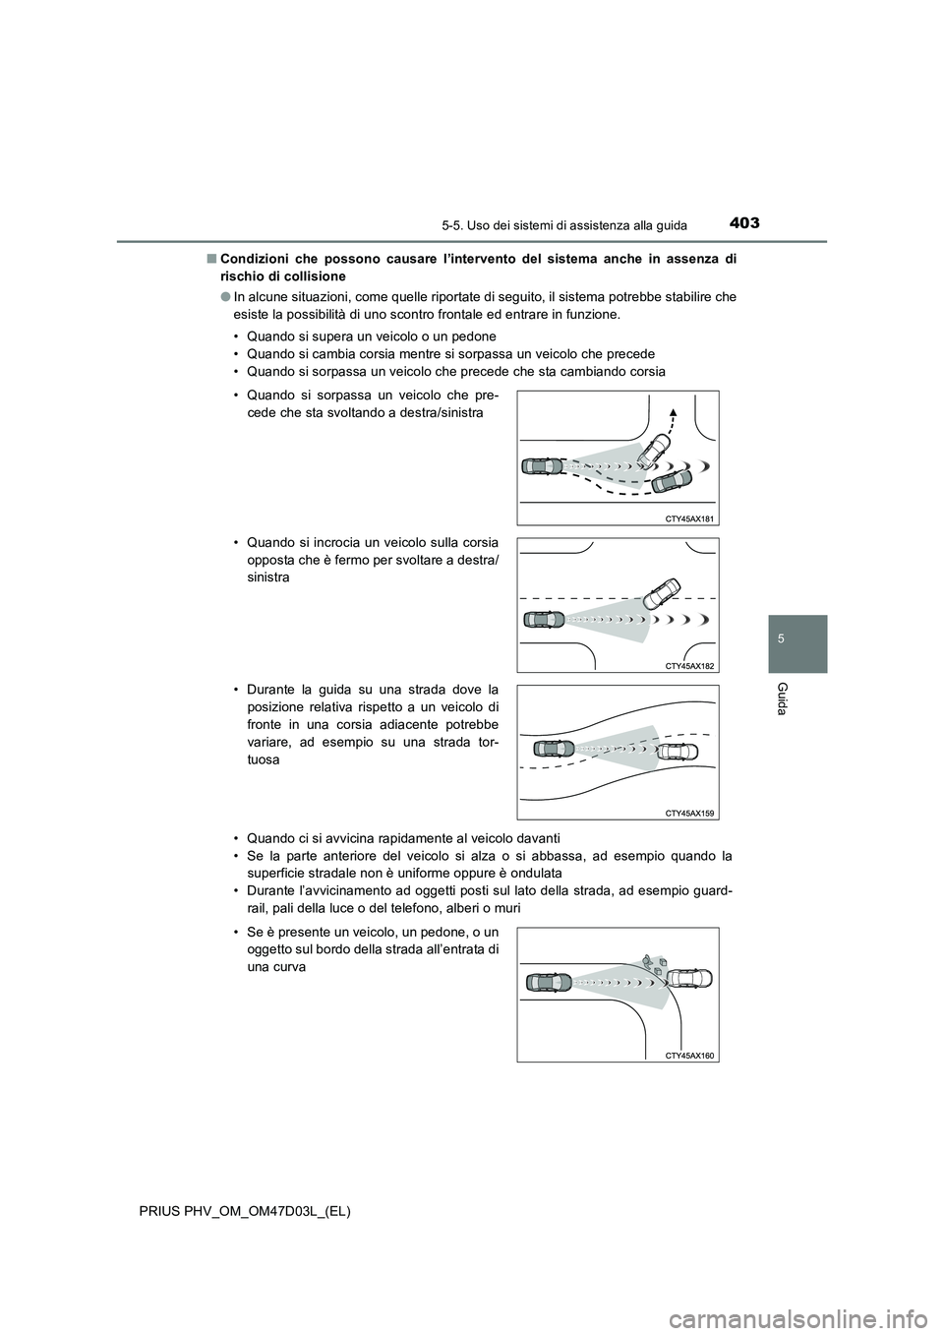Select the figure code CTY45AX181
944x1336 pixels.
[x=689, y=516]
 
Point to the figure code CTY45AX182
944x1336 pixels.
[x=689, y=666]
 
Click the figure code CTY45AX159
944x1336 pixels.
[x=689, y=813]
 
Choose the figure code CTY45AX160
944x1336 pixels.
[x=689, y=1055]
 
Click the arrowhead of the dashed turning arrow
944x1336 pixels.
[x=674, y=410]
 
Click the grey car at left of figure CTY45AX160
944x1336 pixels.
[x=549, y=982]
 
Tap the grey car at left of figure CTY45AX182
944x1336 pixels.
[x=545, y=619]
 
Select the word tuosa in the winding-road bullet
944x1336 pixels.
[x=264, y=760]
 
